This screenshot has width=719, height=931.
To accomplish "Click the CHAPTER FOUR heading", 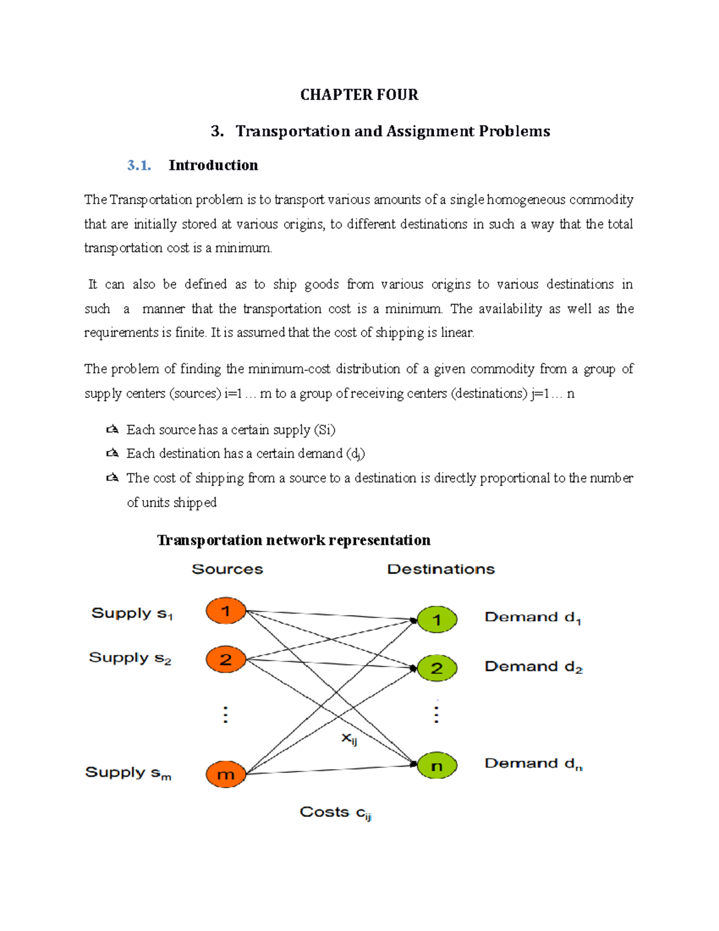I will (x=359, y=95).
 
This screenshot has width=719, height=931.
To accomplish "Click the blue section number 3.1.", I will (x=138, y=165).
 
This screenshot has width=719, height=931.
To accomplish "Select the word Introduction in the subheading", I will (x=213, y=165).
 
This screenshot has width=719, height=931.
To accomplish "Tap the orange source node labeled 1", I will (x=226, y=611).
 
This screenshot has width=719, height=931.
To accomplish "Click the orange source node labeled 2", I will (x=226, y=659).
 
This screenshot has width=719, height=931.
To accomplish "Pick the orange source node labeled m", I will (x=226, y=774).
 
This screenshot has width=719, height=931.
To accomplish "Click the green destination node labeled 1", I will (x=437, y=620).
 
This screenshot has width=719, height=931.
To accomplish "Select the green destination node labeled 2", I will (x=437, y=668).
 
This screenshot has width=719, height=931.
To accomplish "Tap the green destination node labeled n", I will (x=437, y=766).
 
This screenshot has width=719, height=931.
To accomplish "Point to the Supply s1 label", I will (x=132, y=613).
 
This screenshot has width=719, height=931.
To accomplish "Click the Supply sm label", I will (x=128, y=773).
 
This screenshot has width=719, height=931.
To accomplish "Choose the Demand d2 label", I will (x=533, y=667).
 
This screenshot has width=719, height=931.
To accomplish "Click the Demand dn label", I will (x=533, y=764).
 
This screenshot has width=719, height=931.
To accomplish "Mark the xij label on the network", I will (x=349, y=739).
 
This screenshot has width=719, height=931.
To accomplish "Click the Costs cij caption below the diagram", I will (x=336, y=812).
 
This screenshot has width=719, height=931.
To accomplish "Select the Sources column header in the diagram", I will (x=227, y=569).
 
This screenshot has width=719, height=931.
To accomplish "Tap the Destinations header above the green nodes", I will (x=441, y=569).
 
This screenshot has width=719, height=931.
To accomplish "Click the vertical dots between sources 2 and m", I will (x=225, y=715).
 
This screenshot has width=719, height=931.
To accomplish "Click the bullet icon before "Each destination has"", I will (x=112, y=454).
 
